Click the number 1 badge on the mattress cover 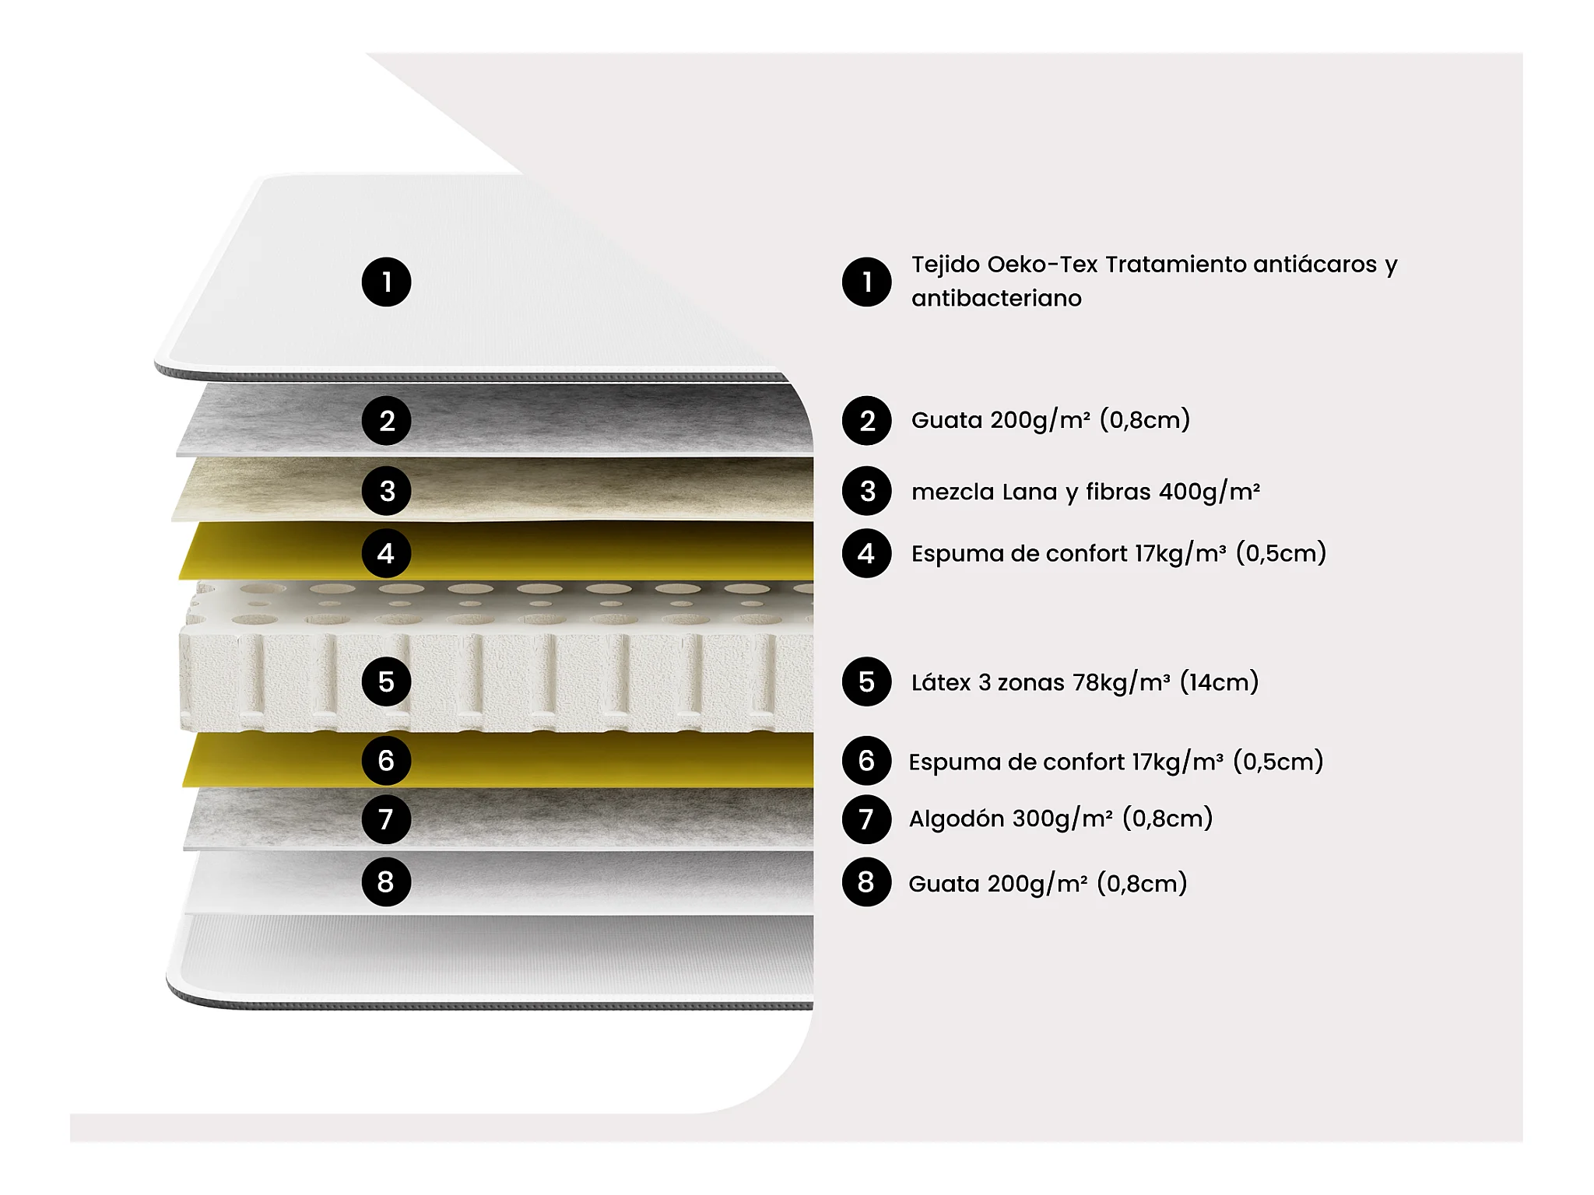tap(386, 282)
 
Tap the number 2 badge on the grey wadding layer tap(386, 421)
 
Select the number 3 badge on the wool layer tap(386, 491)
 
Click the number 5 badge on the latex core tap(386, 682)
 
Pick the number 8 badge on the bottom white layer tap(386, 881)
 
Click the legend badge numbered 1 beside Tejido tap(866, 282)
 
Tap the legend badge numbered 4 tap(866, 553)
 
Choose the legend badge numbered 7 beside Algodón tap(866, 819)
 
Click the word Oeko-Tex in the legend tap(1043, 265)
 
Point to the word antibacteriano tap(996, 298)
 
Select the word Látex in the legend tap(940, 682)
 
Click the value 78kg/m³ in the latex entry tap(1122, 682)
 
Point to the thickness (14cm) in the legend tap(1220, 682)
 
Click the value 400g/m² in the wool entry tap(1210, 492)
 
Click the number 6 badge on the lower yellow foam tap(386, 760)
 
